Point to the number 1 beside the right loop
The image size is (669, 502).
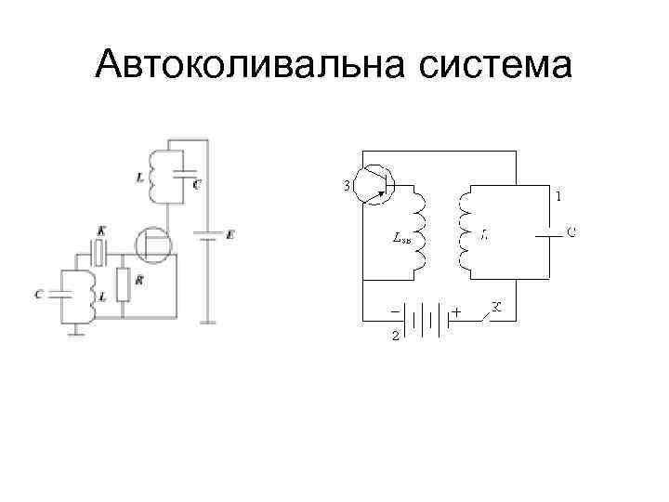557,196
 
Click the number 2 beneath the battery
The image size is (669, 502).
394,336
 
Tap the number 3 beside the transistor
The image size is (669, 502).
347,186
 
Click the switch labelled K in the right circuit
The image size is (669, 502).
490,313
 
